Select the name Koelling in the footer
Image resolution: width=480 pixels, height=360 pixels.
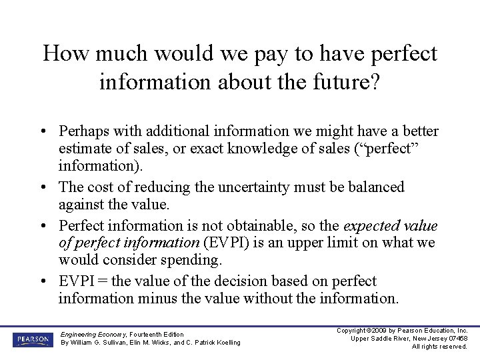(x=224, y=343)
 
